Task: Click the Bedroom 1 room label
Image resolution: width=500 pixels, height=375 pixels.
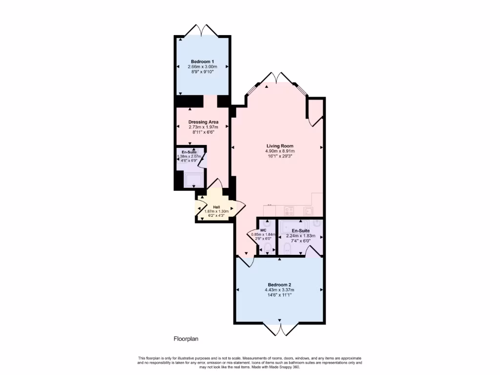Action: pyautogui.click(x=202, y=62)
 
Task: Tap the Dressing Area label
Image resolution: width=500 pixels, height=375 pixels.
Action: pyautogui.click(x=203, y=122)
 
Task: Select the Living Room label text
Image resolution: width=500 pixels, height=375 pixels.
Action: pyautogui.click(x=280, y=146)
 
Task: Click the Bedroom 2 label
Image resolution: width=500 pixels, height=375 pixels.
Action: pyautogui.click(x=280, y=285)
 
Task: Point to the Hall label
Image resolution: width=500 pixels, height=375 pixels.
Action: pyautogui.click(x=216, y=207)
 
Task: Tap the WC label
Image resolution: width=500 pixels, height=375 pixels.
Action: pyautogui.click(x=263, y=230)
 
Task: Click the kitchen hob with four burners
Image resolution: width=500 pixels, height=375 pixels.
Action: pyautogui.click(x=289, y=211)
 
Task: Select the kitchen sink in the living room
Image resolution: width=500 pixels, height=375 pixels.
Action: pyautogui.click(x=309, y=211)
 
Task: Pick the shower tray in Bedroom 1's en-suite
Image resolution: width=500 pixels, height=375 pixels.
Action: pyautogui.click(x=194, y=179)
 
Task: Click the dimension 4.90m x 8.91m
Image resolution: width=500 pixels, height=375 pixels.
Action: pyautogui.click(x=280, y=151)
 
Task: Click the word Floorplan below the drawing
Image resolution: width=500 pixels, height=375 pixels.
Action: pyautogui.click(x=186, y=338)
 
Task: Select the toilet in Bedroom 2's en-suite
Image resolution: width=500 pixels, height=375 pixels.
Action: pyautogui.click(x=288, y=250)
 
